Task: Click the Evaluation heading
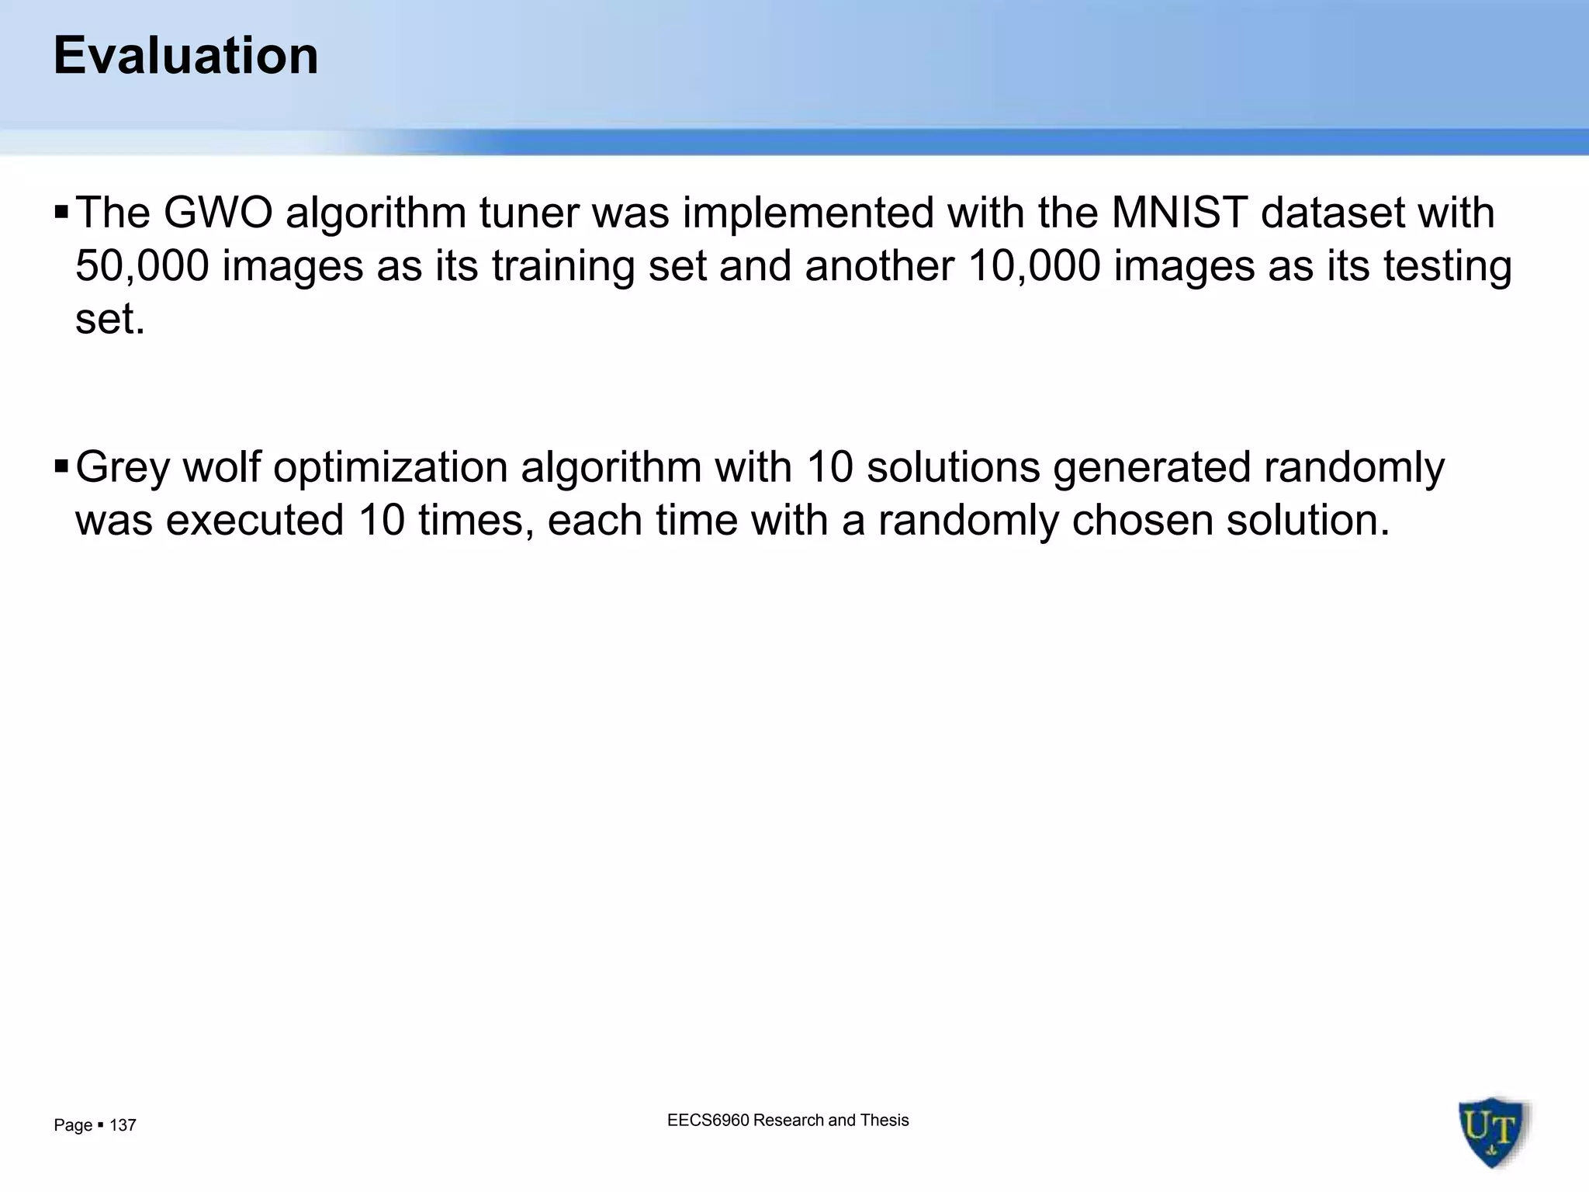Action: coord(185,56)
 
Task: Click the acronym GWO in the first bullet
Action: coord(218,213)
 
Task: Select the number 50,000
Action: coord(142,265)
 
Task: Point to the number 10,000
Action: coord(1034,265)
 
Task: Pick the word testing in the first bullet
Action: coord(1448,267)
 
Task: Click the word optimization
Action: coord(390,468)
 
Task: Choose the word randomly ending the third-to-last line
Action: coord(1354,468)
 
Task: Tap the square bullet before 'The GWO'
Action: coord(61,212)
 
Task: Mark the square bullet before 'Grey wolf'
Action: coord(61,466)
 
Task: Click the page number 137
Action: coord(123,1125)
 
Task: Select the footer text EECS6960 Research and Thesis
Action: coord(788,1120)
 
